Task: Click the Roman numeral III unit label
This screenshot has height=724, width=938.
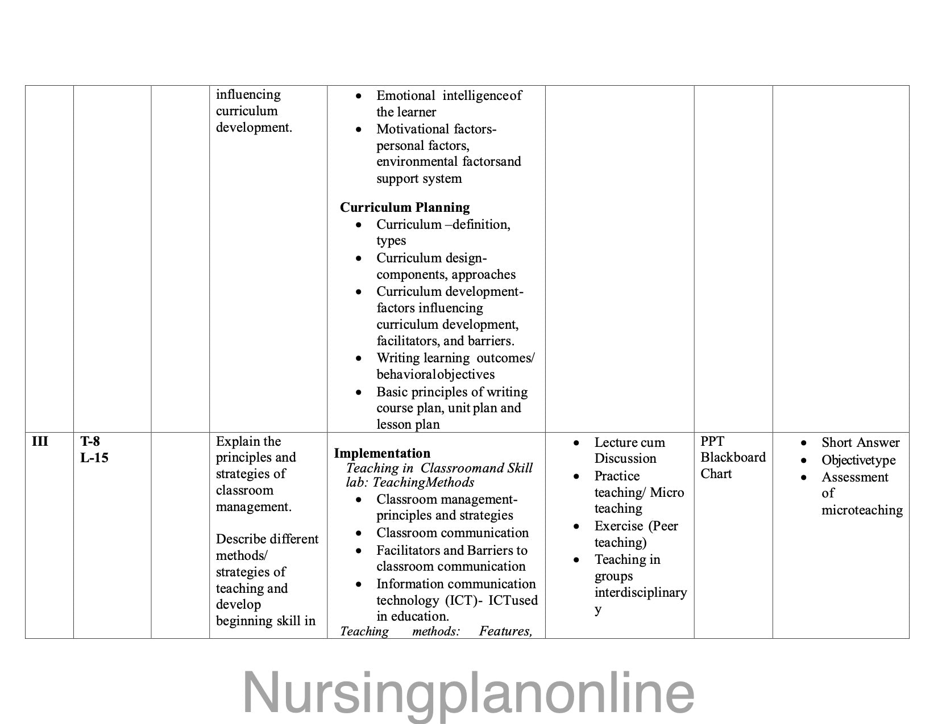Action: tap(40, 441)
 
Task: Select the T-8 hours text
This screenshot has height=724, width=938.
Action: tap(90, 441)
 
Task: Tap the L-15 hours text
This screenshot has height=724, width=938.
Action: tap(94, 458)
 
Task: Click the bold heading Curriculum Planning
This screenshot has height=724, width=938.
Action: tap(405, 207)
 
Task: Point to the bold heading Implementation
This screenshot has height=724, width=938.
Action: tap(382, 453)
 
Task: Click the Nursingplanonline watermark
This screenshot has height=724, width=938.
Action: tap(468, 693)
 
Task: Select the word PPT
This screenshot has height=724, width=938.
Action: tap(712, 441)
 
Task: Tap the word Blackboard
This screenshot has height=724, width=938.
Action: tap(733, 458)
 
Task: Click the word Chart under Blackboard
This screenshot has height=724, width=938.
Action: tap(716, 474)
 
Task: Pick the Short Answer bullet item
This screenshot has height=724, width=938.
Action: tap(860, 443)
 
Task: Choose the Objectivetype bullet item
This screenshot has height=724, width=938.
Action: tap(858, 461)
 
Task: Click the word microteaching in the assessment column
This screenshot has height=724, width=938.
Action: tap(862, 510)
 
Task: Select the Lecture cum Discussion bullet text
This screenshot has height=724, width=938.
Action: tap(629, 450)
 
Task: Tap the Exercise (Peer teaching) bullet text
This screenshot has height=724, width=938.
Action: tap(636, 534)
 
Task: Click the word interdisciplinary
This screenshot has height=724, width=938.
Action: tap(641, 593)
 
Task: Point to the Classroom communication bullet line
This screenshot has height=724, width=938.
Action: tap(452, 533)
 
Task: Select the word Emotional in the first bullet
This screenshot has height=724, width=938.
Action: tap(405, 95)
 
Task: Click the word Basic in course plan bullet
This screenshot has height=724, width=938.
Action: tap(391, 392)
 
